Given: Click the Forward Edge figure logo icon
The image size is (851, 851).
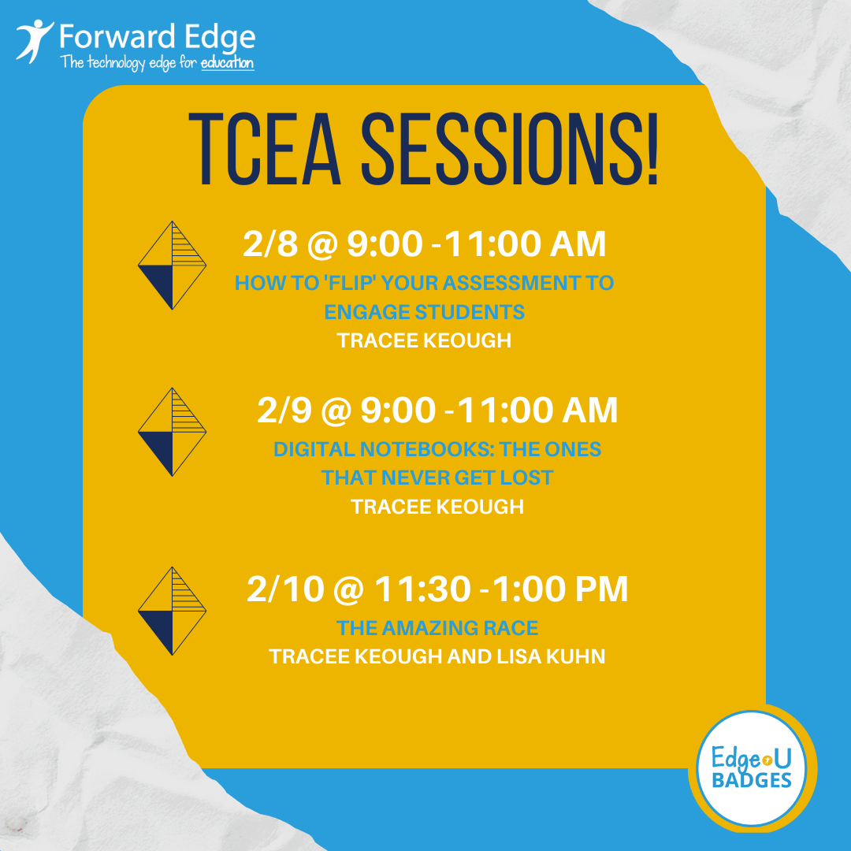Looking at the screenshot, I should pos(34,42).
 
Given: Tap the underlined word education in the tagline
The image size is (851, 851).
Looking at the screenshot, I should pos(228,63).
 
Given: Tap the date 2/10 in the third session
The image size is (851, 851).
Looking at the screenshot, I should pos(273,589).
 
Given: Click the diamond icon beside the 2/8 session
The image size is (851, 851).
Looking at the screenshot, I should pos(172,266).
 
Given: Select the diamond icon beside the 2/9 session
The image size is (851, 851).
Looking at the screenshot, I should pos(172,432).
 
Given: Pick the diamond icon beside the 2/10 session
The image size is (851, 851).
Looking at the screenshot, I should pos(172,611).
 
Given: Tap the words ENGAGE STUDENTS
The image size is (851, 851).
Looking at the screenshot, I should pos(425,312).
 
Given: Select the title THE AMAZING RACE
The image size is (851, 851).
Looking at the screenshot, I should pos(437,628).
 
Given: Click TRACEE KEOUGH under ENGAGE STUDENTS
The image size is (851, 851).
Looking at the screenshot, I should pos(425,340).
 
